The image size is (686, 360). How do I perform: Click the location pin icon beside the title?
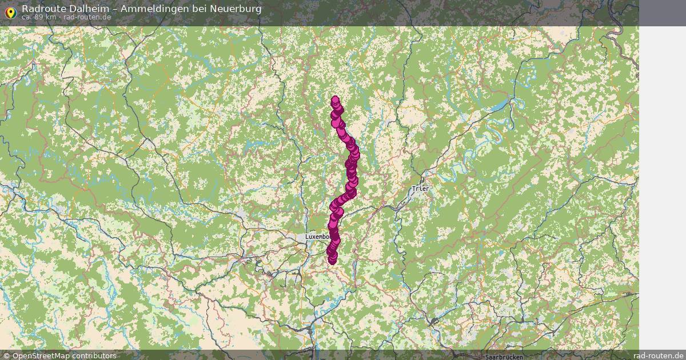point(10,12)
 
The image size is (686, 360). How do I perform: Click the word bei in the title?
point(200,9)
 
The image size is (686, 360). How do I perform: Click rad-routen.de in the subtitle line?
point(87,17)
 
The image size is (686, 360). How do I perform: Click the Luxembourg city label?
point(318,237)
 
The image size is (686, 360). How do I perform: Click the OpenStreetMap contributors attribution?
point(64,355)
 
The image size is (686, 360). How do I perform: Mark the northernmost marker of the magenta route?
point(336,99)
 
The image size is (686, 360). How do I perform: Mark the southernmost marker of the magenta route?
point(333,261)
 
